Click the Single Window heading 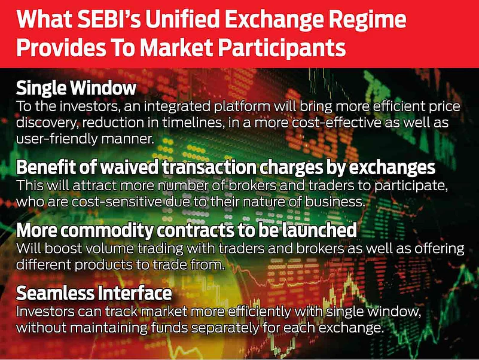pyautogui.click(x=76, y=88)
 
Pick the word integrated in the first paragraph pyautogui.click(x=176, y=106)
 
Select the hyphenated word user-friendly pyautogui.click(x=57, y=139)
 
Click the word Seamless pyautogui.click(x=55, y=293)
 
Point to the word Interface pyautogui.click(x=135, y=293)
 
